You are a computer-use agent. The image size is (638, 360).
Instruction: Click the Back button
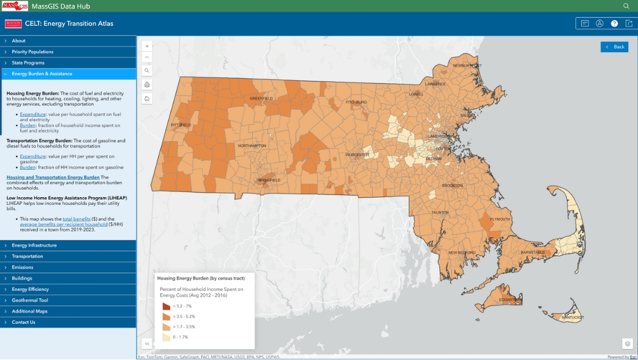[x=614, y=47]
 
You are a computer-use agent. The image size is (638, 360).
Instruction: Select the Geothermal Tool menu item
[x=30, y=300]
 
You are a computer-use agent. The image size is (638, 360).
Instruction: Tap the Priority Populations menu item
[x=32, y=52]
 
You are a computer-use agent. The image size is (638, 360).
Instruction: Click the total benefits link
[x=76, y=218]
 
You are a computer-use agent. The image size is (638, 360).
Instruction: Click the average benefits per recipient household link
[x=64, y=224]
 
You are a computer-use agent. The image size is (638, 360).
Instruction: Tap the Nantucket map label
[x=572, y=317]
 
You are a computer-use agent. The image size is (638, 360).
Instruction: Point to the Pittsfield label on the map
[x=181, y=125]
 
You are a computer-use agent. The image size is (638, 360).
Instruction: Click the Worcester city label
[x=357, y=155]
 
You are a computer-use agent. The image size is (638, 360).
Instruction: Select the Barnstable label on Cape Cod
[x=533, y=252]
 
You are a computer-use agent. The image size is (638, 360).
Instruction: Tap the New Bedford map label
[x=462, y=252]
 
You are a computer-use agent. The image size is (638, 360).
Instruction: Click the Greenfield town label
[x=261, y=98]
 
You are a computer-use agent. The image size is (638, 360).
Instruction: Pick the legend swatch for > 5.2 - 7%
[x=166, y=306]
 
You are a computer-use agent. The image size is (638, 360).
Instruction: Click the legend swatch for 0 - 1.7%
[x=166, y=337]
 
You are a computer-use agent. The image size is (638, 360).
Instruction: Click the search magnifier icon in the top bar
[x=626, y=6]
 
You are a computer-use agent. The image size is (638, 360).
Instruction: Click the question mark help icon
[x=615, y=23]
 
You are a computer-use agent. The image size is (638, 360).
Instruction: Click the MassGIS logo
[x=15, y=6]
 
